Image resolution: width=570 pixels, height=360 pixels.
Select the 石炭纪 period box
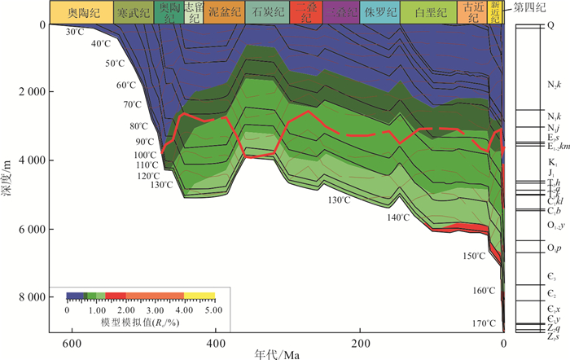pos(266,12)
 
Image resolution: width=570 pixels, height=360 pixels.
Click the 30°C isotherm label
pos(75,32)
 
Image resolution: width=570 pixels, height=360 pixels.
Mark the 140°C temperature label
pos(398,217)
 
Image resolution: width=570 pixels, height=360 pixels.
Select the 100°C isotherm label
pos(144,155)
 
